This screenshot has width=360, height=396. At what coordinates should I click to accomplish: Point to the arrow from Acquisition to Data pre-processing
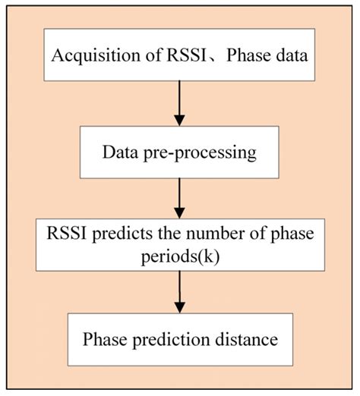click(179, 102)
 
